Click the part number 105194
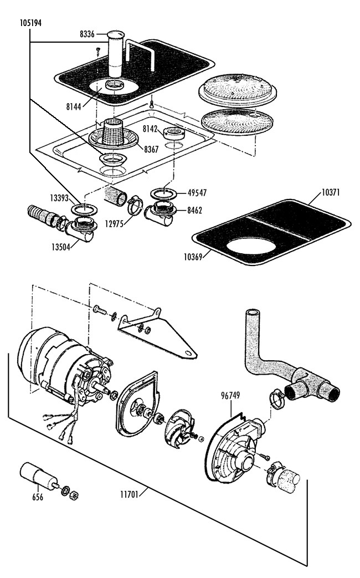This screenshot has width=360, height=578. coord(30,23)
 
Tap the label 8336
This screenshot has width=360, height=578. coord(88,34)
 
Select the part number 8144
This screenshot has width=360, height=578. coord(74,106)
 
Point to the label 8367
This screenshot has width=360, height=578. coord(151,149)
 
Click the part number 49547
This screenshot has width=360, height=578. coord(197,192)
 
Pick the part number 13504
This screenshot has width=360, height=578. coord(60,247)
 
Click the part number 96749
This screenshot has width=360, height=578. coord(230,396)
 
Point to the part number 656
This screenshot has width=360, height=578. coord(38,497)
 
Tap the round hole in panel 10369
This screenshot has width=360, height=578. coord(251,245)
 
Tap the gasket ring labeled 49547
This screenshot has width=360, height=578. coord(163,193)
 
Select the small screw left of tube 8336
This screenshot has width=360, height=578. coord(98,50)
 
